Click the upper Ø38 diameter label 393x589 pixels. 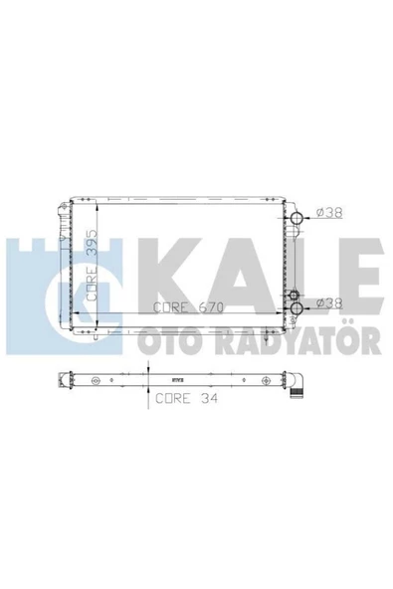(x=329, y=213)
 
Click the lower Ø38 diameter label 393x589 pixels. (x=329, y=302)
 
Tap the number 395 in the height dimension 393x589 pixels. (x=93, y=243)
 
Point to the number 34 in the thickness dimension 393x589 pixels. (x=209, y=398)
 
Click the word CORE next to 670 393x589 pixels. (x=170, y=307)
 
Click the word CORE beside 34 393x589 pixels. (x=173, y=398)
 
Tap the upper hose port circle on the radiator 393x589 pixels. (x=297, y=218)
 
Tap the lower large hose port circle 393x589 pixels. (x=297, y=308)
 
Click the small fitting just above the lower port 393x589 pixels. (x=294, y=294)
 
